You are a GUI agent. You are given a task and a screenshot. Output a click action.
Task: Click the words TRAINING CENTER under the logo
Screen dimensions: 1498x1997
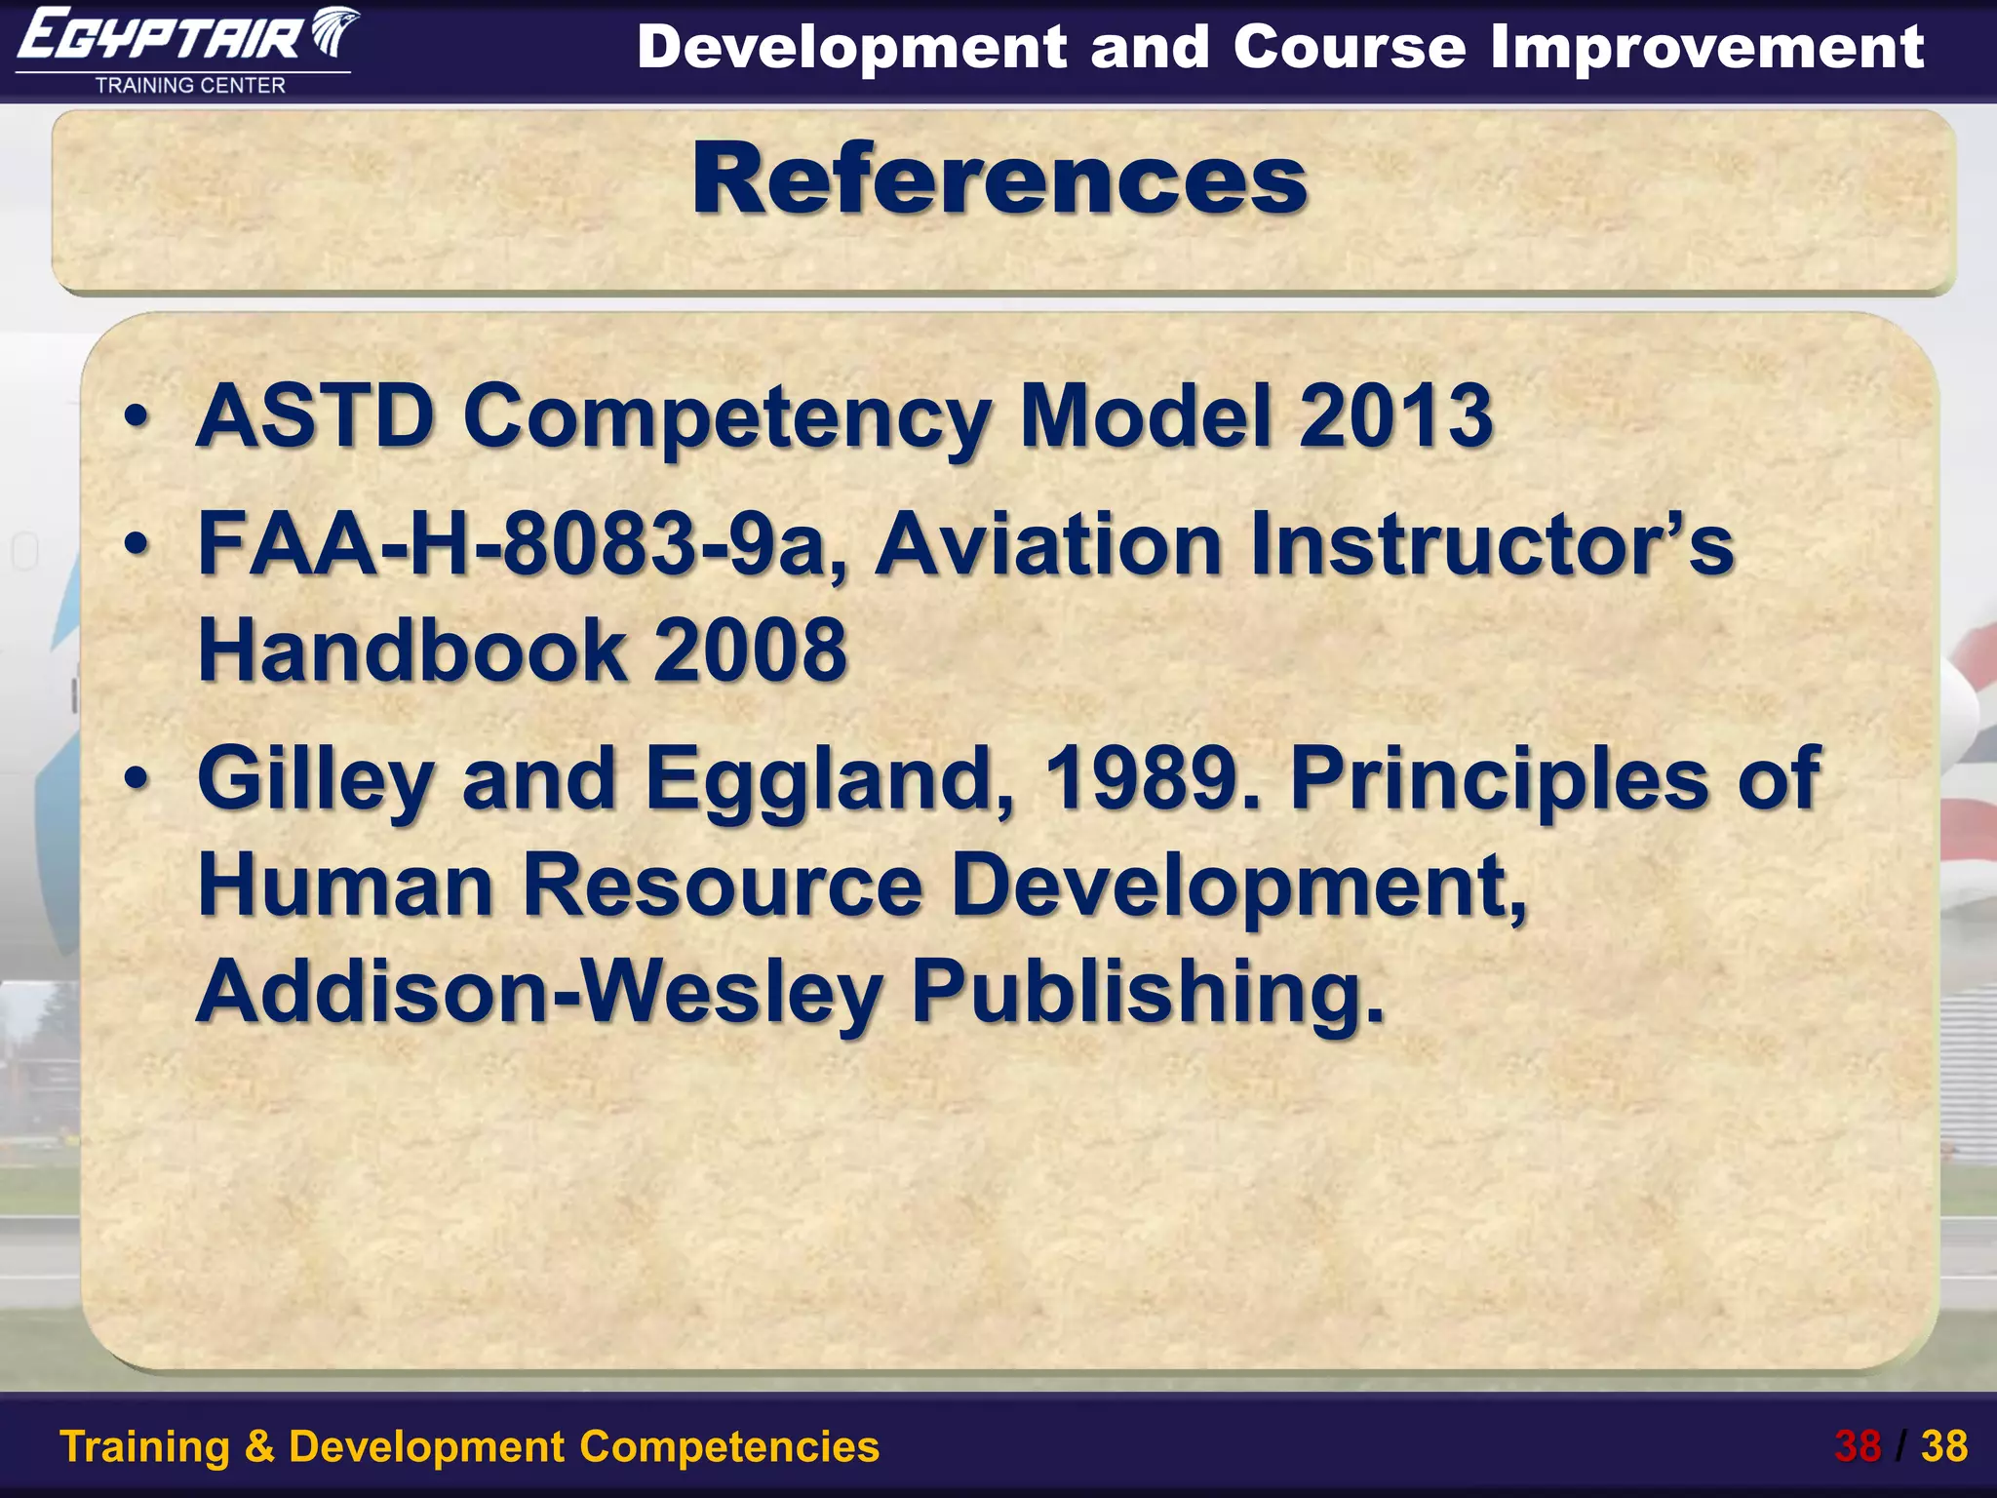coord(190,86)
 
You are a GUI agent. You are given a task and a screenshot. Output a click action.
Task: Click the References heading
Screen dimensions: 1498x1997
coord(999,179)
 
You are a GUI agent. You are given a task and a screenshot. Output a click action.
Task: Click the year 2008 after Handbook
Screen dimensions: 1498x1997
coord(750,650)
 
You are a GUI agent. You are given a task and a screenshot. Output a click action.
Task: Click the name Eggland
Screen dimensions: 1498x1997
coord(829,780)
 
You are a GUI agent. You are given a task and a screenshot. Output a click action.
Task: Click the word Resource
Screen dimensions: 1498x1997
coord(723,885)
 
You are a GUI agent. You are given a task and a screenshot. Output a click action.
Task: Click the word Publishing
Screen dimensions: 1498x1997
coord(1147,993)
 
